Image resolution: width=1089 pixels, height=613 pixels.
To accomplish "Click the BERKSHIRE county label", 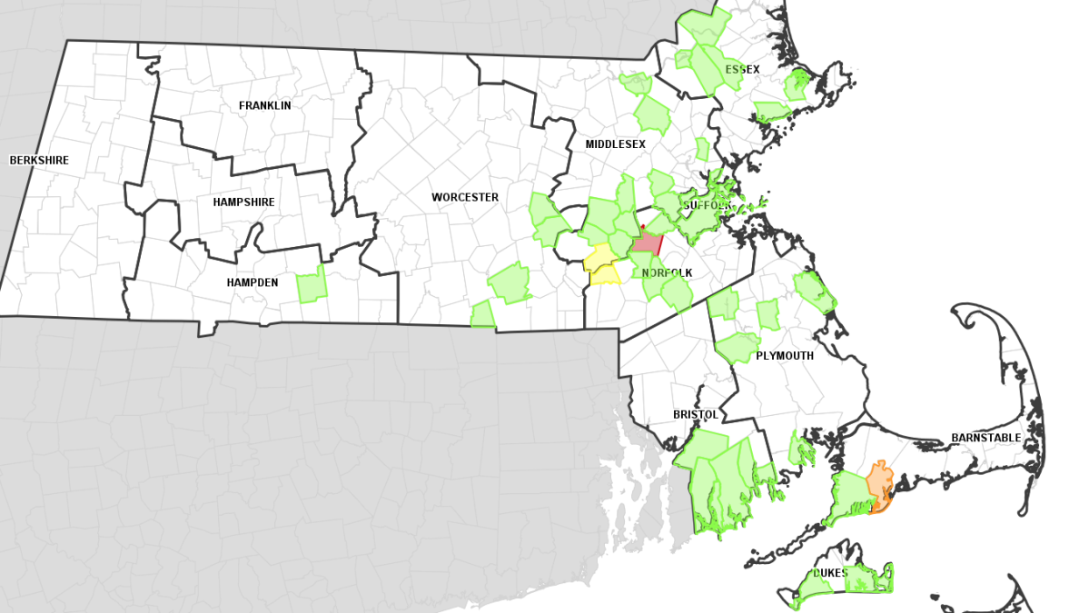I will (x=39, y=161).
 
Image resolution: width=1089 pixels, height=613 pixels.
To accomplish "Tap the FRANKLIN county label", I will (x=265, y=105).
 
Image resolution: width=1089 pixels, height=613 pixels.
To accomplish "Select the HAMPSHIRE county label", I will (x=243, y=202).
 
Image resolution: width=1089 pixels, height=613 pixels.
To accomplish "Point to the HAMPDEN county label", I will (x=252, y=282).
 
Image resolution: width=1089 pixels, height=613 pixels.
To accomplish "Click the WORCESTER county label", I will (x=465, y=197).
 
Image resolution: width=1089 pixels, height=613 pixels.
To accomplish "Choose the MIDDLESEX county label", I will (x=615, y=144).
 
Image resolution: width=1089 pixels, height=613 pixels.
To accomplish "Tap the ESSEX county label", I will (x=742, y=69).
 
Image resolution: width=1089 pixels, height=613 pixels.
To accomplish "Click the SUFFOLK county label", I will (x=708, y=205).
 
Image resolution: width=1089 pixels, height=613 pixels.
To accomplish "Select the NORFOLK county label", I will (x=668, y=272).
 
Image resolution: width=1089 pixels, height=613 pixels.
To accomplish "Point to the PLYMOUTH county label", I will (x=785, y=356).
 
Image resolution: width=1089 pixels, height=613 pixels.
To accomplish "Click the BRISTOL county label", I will (x=696, y=414).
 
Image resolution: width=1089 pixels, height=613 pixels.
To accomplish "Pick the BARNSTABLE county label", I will (x=986, y=438).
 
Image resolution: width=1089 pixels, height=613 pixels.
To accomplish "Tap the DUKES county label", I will (x=830, y=573).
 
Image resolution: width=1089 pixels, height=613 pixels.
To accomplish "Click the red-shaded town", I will (x=647, y=242).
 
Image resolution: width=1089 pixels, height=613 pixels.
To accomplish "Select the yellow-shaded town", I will (x=602, y=263).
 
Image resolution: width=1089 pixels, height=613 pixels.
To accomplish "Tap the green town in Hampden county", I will (x=312, y=285).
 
